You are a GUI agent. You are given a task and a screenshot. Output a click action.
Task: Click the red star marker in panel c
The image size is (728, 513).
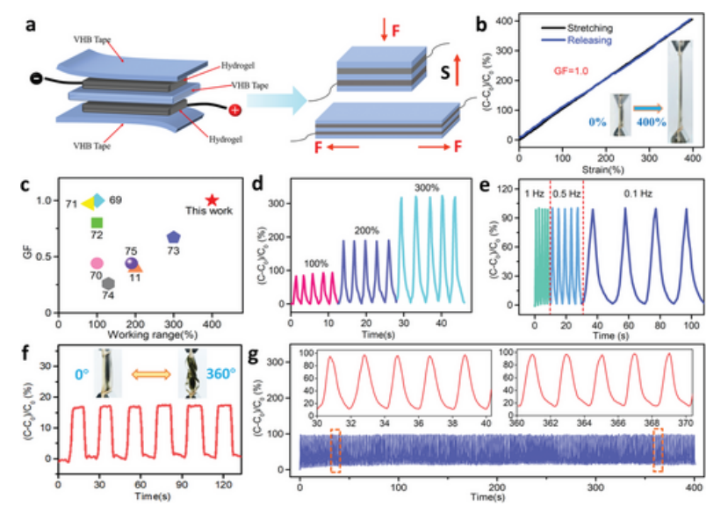point(211,201)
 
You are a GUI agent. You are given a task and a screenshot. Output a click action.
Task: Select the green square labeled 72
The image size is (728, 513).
point(97,222)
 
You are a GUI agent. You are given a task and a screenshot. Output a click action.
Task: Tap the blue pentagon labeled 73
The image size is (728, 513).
point(174,237)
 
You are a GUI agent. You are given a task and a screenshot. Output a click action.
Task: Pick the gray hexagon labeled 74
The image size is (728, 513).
point(108,283)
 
